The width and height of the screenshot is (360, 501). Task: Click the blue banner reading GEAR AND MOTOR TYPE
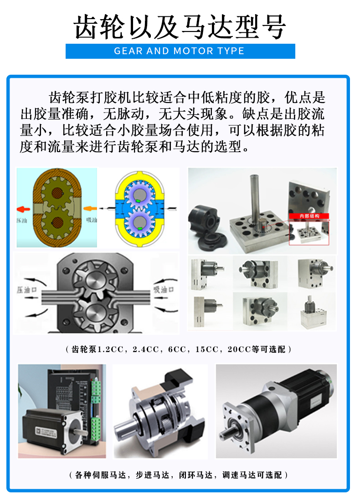(x=180, y=51)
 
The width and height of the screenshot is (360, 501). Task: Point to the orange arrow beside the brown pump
(x=90, y=209)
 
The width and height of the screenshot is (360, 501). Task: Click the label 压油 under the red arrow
(x=24, y=220)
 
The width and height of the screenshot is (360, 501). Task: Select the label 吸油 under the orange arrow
(x=91, y=220)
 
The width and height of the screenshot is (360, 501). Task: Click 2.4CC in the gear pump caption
(x=145, y=350)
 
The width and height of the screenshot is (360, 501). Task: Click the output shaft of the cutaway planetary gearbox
(x=124, y=428)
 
